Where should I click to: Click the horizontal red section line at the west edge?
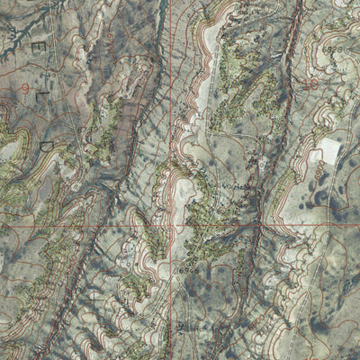point(9,225)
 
